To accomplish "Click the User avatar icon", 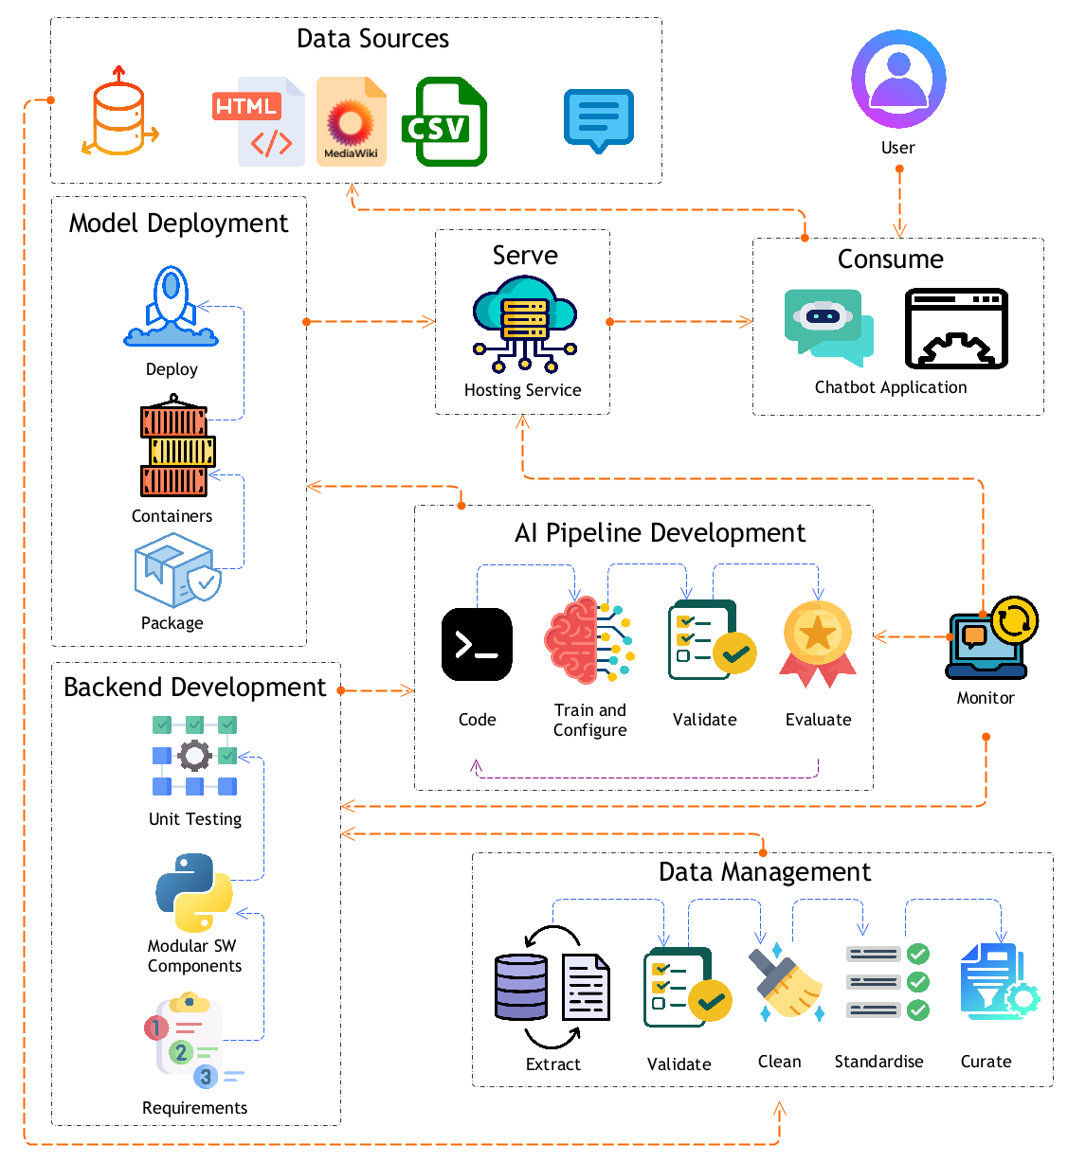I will (898, 80).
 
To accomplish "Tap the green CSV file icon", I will (444, 122).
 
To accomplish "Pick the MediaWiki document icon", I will (352, 122).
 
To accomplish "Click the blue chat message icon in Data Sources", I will (598, 119).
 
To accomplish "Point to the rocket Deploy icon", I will (171, 307).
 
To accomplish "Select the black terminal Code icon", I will (477, 644).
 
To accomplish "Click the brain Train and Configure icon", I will (588, 640).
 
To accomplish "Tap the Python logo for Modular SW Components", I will (194, 892).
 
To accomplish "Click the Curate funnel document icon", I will (997, 981).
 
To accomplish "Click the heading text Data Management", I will (764, 871).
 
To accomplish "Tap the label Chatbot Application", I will (891, 387).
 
